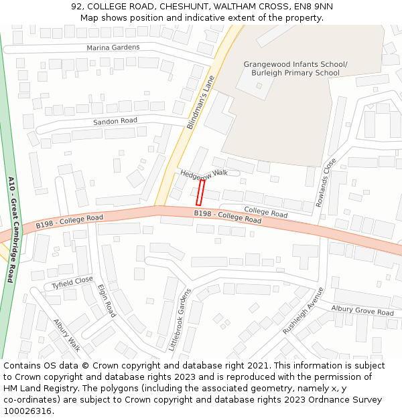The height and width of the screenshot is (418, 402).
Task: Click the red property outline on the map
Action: point(200,192)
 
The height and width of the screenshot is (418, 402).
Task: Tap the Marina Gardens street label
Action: point(113,47)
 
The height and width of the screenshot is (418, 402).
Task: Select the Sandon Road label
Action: point(115,121)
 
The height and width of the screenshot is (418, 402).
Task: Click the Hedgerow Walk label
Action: point(204,173)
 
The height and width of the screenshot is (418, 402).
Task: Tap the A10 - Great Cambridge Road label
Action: point(11,229)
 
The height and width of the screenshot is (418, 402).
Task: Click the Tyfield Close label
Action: point(72,283)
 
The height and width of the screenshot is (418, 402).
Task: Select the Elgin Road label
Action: point(107,300)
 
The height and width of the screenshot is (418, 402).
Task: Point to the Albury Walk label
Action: point(67,334)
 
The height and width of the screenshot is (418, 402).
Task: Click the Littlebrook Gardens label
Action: point(180,320)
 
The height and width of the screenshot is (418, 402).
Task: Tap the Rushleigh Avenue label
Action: point(303,310)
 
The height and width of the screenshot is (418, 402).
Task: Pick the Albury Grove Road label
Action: point(362,310)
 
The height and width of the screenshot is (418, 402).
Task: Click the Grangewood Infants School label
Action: point(295,64)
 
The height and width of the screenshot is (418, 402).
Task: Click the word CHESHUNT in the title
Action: point(184,7)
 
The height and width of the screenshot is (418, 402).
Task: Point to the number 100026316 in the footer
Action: point(27,411)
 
